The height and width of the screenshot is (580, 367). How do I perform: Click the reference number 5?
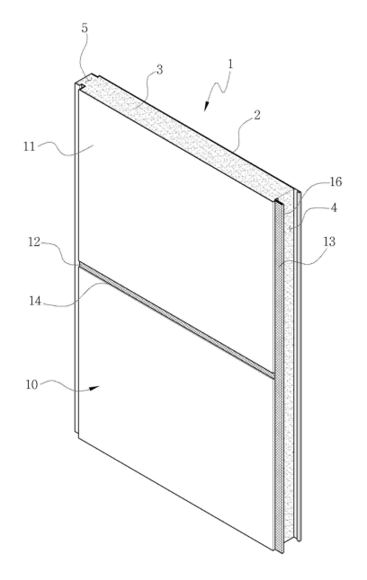coord(85,29)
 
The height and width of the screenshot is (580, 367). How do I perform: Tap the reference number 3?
coord(159,69)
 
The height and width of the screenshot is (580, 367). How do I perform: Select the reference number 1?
coord(230,64)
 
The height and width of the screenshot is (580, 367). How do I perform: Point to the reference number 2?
coord(256,115)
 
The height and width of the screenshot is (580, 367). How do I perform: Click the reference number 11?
coord(30,147)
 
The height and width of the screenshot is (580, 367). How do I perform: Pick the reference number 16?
coord(336,182)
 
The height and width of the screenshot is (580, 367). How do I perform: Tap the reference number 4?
coord(334,208)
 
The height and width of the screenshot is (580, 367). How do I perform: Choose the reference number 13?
coord(329,242)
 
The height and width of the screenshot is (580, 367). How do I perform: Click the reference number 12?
coord(34,242)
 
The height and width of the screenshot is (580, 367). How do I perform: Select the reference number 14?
coord(35,301)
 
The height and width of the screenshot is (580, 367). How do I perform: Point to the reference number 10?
coord(31,384)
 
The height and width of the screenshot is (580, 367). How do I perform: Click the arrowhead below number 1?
coord(207,106)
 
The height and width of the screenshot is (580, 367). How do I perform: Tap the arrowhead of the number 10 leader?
coord(94,388)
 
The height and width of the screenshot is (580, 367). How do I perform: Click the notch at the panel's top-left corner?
coord(80,86)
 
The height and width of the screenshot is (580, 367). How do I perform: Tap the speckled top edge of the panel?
coord(185,136)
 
